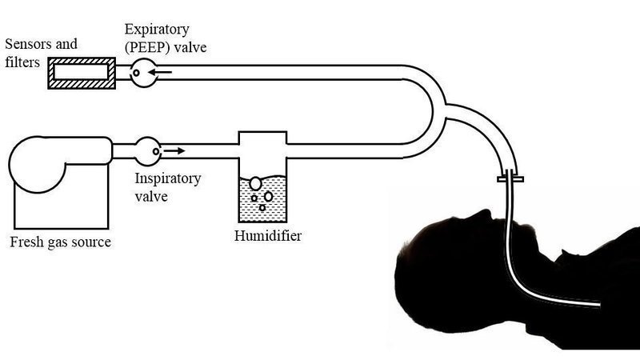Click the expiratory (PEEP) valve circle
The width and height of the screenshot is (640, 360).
pyautogui.click(x=142, y=72)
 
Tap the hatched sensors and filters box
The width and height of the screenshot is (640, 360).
pyautogui.click(x=79, y=72)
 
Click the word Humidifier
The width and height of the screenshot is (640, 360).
pyautogui.click(x=267, y=236)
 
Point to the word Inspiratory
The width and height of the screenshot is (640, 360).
pyautogui.click(x=167, y=178)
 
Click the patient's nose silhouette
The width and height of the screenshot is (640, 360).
pyautogui.click(x=483, y=214)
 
